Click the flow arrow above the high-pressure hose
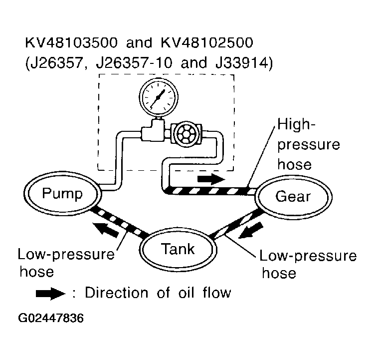click(211, 179)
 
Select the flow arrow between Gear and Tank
click(251, 230)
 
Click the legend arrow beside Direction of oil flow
click(50, 294)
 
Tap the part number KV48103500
click(71, 43)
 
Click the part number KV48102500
click(206, 43)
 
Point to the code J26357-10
click(134, 63)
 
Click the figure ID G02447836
click(51, 319)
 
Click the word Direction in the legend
click(117, 293)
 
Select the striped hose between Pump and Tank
click(119, 222)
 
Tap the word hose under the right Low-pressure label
click(279, 273)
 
